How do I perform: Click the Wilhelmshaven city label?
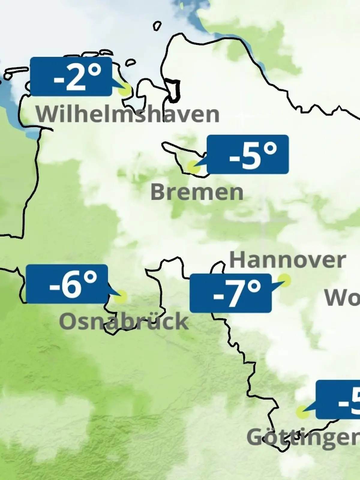pos(127,114)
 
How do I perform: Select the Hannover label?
pos(287,260)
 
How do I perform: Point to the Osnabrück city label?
pos(124,321)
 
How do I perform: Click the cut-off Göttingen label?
pos(303,437)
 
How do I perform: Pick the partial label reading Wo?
pos(342,298)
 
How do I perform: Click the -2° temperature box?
pos(71,77)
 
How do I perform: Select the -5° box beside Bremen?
pos(248,154)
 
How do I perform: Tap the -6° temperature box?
pos(67,284)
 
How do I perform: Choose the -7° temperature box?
pos(231,293)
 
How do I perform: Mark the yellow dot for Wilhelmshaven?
pos(125,89)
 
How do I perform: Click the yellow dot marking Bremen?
pos(193,166)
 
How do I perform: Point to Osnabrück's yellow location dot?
pos(121,297)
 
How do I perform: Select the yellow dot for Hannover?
pos(285,280)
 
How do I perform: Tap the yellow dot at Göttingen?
pos(302,412)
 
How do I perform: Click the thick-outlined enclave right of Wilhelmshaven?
pos(174,90)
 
